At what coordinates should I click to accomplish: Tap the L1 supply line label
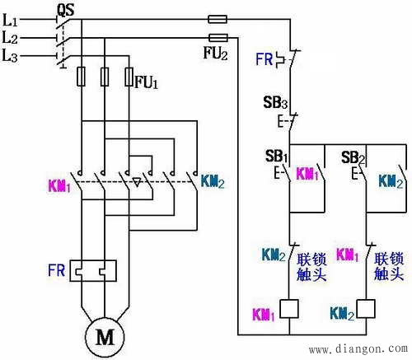tap(10, 20)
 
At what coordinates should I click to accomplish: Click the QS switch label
tap(66, 10)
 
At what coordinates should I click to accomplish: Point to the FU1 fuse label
tap(147, 82)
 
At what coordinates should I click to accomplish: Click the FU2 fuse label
tap(215, 53)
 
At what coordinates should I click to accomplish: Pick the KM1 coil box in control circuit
tap(289, 309)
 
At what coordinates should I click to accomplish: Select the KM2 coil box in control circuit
tap(366, 309)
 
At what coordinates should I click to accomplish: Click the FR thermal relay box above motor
tap(93, 270)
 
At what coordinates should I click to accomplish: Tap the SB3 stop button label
tap(275, 102)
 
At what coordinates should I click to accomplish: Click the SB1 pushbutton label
tap(276, 156)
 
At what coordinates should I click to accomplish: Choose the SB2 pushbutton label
tap(353, 157)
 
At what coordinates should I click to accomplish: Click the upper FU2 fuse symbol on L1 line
tap(218, 19)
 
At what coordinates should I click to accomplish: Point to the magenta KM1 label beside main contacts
tap(59, 186)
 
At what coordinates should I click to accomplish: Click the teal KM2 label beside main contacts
tap(213, 181)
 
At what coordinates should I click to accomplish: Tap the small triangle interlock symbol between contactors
tap(137, 182)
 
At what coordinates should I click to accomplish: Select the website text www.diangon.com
tap(358, 349)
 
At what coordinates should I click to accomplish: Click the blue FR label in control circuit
tap(265, 59)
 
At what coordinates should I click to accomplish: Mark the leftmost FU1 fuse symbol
tap(81, 77)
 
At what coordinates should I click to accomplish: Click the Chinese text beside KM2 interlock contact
tap(311, 267)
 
